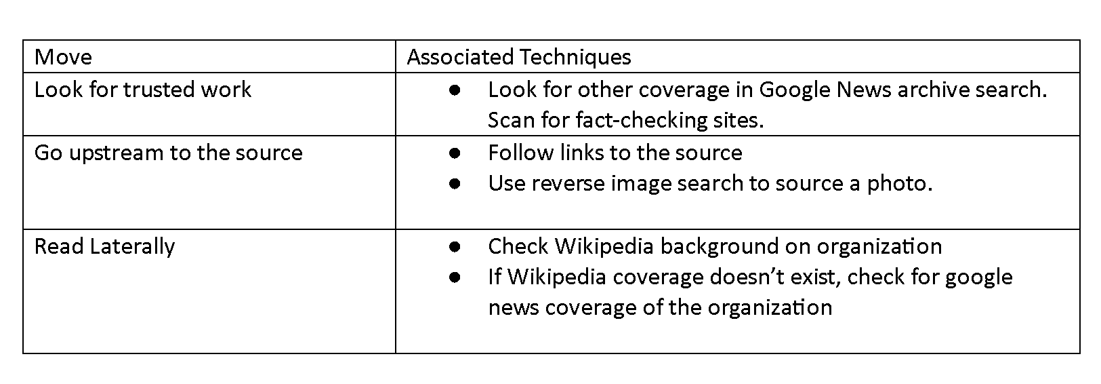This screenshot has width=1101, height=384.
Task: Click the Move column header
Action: (x=62, y=57)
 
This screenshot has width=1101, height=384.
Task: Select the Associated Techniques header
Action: (x=518, y=57)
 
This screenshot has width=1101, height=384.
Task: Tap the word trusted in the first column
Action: (x=154, y=90)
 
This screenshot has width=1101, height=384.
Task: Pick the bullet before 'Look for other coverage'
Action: (x=455, y=90)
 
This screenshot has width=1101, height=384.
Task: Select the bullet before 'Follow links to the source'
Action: (x=455, y=153)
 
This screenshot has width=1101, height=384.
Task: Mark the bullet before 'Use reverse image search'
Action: (x=455, y=184)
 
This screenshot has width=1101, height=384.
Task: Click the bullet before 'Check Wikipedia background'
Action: (x=455, y=246)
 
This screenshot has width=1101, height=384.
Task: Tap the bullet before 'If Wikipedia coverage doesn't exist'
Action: (x=455, y=277)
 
